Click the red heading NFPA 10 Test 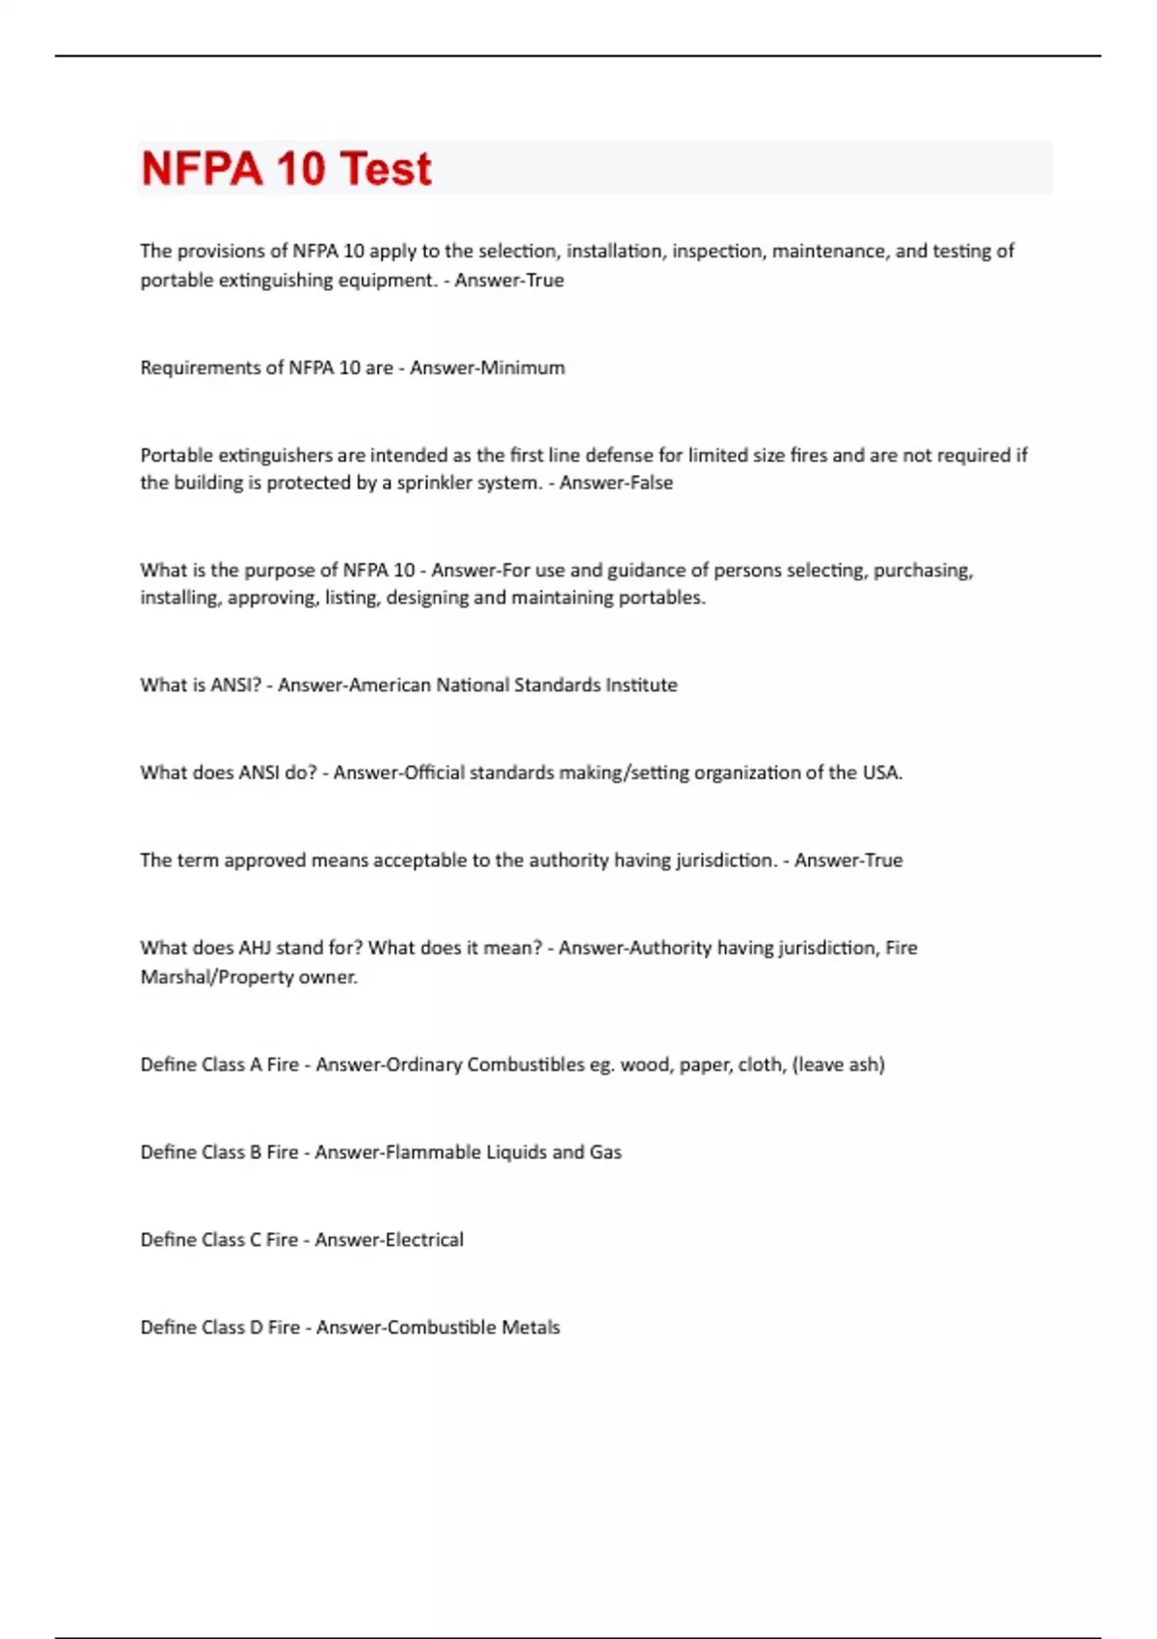(286, 169)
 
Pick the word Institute (641, 685)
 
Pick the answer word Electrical (424, 1240)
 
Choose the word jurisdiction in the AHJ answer (827, 948)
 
